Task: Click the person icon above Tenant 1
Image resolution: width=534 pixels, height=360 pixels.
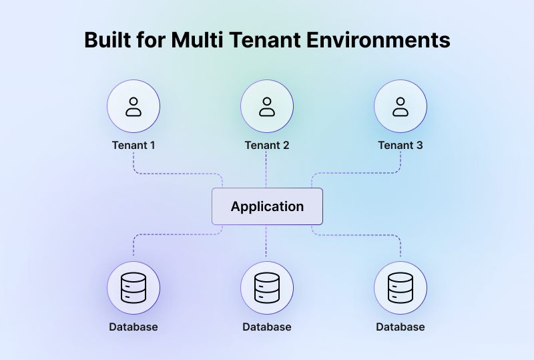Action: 133,106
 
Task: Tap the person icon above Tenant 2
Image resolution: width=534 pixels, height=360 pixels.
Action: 267,106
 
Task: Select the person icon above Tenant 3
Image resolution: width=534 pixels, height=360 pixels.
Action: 400,106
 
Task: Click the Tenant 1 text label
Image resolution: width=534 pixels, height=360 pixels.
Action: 133,145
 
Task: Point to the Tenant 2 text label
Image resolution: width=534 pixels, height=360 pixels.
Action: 267,145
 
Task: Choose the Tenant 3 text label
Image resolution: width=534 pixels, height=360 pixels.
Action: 400,145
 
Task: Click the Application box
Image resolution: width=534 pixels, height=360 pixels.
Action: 267,206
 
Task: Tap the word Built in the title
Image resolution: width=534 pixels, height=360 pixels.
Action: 108,40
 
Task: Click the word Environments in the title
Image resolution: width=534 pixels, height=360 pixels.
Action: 378,40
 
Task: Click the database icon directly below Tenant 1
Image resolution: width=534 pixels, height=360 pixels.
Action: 133,288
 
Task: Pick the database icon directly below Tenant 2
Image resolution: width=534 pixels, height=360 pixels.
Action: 267,288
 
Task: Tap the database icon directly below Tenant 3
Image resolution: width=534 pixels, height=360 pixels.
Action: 400,288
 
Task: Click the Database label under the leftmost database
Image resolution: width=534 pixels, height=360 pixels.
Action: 133,327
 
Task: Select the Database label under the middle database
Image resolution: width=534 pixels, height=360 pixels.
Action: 267,327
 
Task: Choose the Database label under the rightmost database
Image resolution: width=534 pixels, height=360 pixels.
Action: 400,327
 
